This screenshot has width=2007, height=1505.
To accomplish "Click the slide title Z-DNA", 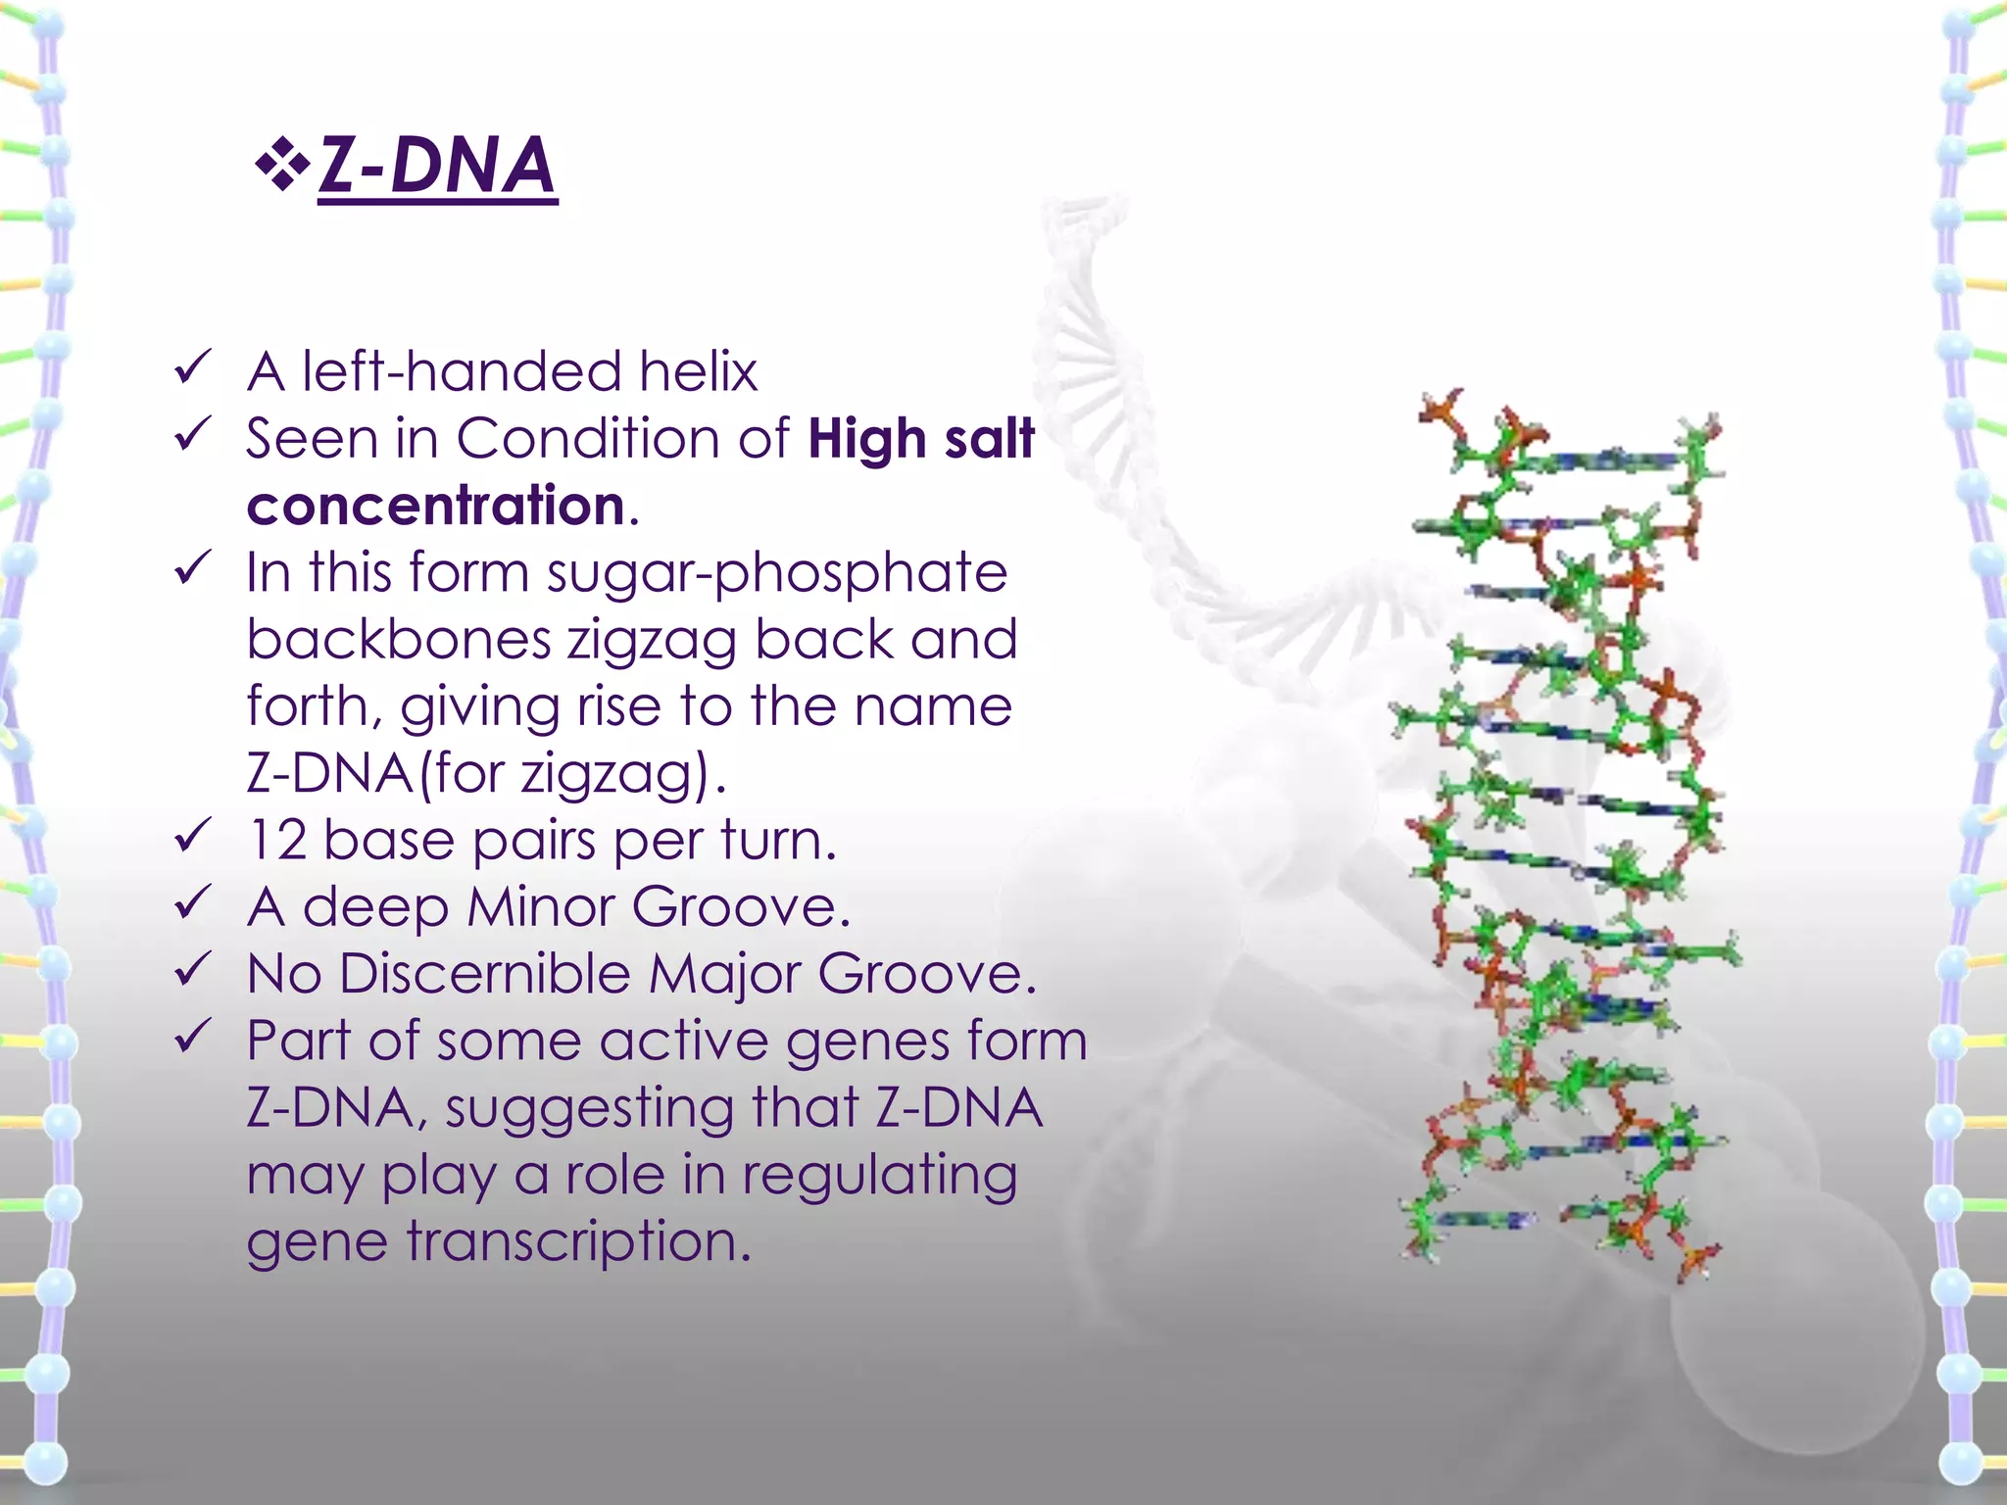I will click(x=437, y=166).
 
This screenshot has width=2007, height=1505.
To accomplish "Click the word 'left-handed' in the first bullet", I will click(x=461, y=372).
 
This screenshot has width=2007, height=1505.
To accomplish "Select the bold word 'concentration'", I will click(x=436, y=506).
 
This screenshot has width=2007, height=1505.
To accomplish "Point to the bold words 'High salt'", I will click(x=921, y=439).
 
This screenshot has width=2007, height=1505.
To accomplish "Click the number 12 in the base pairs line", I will click(x=277, y=841).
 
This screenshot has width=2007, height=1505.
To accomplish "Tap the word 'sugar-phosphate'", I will click(x=776, y=574).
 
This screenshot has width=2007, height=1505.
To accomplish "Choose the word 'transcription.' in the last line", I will click(x=578, y=1242).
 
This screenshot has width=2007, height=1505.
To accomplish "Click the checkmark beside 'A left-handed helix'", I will click(x=192, y=368).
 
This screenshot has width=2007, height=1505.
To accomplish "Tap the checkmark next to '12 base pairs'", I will click(x=192, y=836).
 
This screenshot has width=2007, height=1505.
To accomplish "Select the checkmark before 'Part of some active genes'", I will click(x=192, y=1036).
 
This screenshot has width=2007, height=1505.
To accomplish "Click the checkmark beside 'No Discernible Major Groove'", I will click(x=192, y=969).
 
